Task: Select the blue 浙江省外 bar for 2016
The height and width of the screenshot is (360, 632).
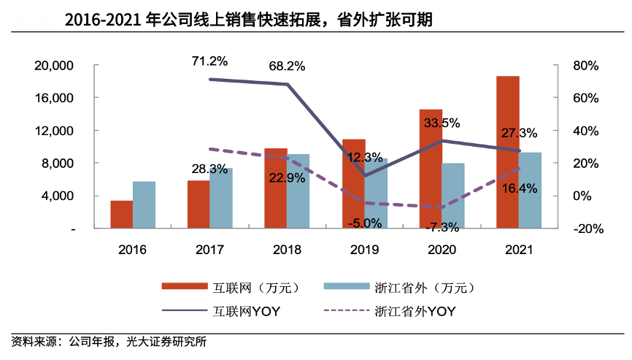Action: [x=144, y=204]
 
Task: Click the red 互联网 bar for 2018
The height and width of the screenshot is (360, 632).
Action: [x=276, y=188]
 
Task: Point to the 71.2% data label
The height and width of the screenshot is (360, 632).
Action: [x=209, y=61]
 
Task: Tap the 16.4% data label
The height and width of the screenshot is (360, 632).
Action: [x=520, y=188]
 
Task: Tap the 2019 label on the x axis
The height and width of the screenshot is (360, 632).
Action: [x=364, y=249]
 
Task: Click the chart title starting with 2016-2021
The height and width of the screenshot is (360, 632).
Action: [x=248, y=20]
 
